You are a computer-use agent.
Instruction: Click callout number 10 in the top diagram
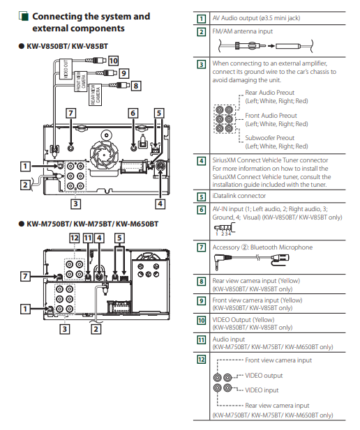tap(114, 61)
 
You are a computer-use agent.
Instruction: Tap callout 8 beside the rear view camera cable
tap(135, 86)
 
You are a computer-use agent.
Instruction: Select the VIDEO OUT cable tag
tap(66, 69)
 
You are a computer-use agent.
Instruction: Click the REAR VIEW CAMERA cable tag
tap(95, 95)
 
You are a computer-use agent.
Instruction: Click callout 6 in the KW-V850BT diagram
tap(133, 113)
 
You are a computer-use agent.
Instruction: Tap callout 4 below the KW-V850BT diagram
tap(160, 204)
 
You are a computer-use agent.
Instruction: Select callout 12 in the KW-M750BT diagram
tap(75, 238)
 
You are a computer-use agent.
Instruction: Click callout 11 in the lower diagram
tap(88, 238)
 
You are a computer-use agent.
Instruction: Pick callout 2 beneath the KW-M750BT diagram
tap(96, 329)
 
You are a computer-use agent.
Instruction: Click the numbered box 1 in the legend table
tap(202, 19)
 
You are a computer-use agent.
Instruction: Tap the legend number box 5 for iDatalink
tap(202, 197)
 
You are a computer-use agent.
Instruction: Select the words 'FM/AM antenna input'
tap(243, 31)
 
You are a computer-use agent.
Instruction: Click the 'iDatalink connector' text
tap(239, 196)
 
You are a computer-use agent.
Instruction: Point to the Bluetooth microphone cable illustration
tap(251, 261)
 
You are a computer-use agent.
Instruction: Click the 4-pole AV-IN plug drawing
tap(225, 229)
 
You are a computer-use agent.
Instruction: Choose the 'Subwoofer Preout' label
tap(269, 138)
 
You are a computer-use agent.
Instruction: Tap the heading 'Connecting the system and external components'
tap(91, 22)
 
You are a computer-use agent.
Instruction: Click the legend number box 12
tap(202, 359)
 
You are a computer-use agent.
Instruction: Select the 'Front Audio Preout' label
tap(271, 116)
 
